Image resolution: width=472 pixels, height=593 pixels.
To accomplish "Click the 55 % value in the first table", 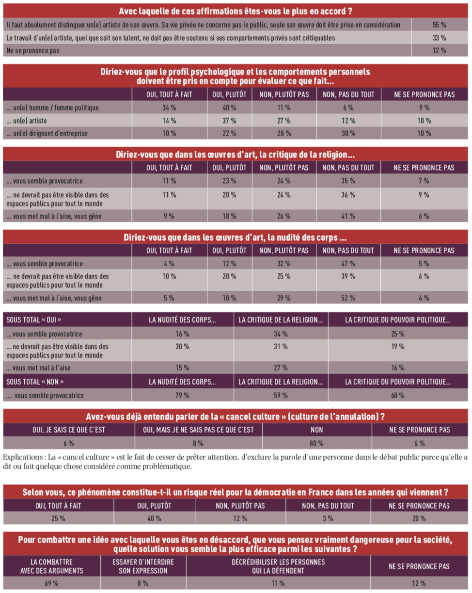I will [x=439, y=24].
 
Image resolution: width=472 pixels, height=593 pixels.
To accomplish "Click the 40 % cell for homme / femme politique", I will [x=229, y=108].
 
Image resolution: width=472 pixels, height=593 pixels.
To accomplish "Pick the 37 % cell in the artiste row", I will [x=229, y=121].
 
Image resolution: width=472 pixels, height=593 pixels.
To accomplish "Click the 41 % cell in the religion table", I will [x=348, y=216].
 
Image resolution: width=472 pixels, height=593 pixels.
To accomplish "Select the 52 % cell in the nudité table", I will [x=348, y=298].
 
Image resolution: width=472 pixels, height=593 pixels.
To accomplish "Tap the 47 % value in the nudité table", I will [x=348, y=264].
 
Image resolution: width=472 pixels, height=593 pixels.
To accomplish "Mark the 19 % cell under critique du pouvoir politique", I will [x=398, y=346].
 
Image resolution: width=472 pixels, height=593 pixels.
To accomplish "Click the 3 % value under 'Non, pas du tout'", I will [x=328, y=518].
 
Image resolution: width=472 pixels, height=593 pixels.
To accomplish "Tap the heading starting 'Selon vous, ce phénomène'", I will [x=236, y=492].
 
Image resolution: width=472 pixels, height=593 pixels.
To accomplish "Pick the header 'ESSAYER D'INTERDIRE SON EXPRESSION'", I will [x=142, y=566].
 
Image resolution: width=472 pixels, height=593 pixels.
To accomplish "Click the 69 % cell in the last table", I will [x=51, y=583].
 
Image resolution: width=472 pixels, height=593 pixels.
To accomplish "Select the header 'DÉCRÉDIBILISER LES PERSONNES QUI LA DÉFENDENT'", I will [x=278, y=566].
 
